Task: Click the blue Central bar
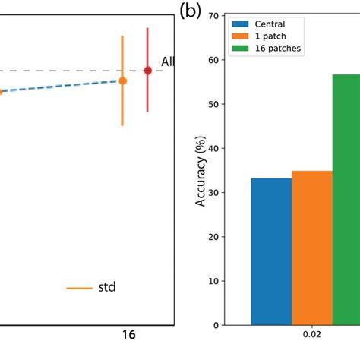(271, 251)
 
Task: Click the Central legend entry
(270, 24)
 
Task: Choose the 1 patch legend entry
(270, 36)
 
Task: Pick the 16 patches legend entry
(276, 48)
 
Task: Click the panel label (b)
(190, 11)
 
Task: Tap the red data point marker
(147, 71)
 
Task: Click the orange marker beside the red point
(122, 81)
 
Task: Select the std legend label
(107, 288)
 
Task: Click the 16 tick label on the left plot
(130, 335)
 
